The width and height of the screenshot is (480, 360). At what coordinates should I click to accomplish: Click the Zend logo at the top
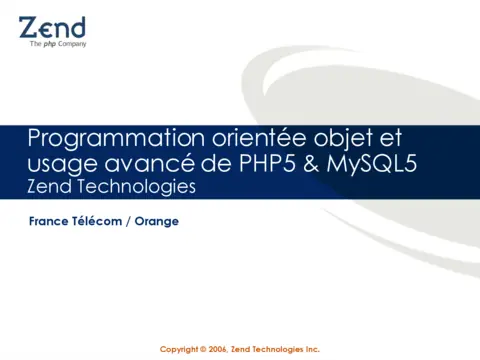pyautogui.click(x=52, y=27)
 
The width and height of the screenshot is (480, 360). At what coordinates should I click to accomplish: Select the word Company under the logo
pyautogui.click(x=71, y=44)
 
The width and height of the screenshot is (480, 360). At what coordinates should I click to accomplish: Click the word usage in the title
pyautogui.click(x=59, y=163)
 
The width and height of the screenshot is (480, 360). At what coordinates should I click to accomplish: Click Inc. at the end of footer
pyautogui.click(x=311, y=349)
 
